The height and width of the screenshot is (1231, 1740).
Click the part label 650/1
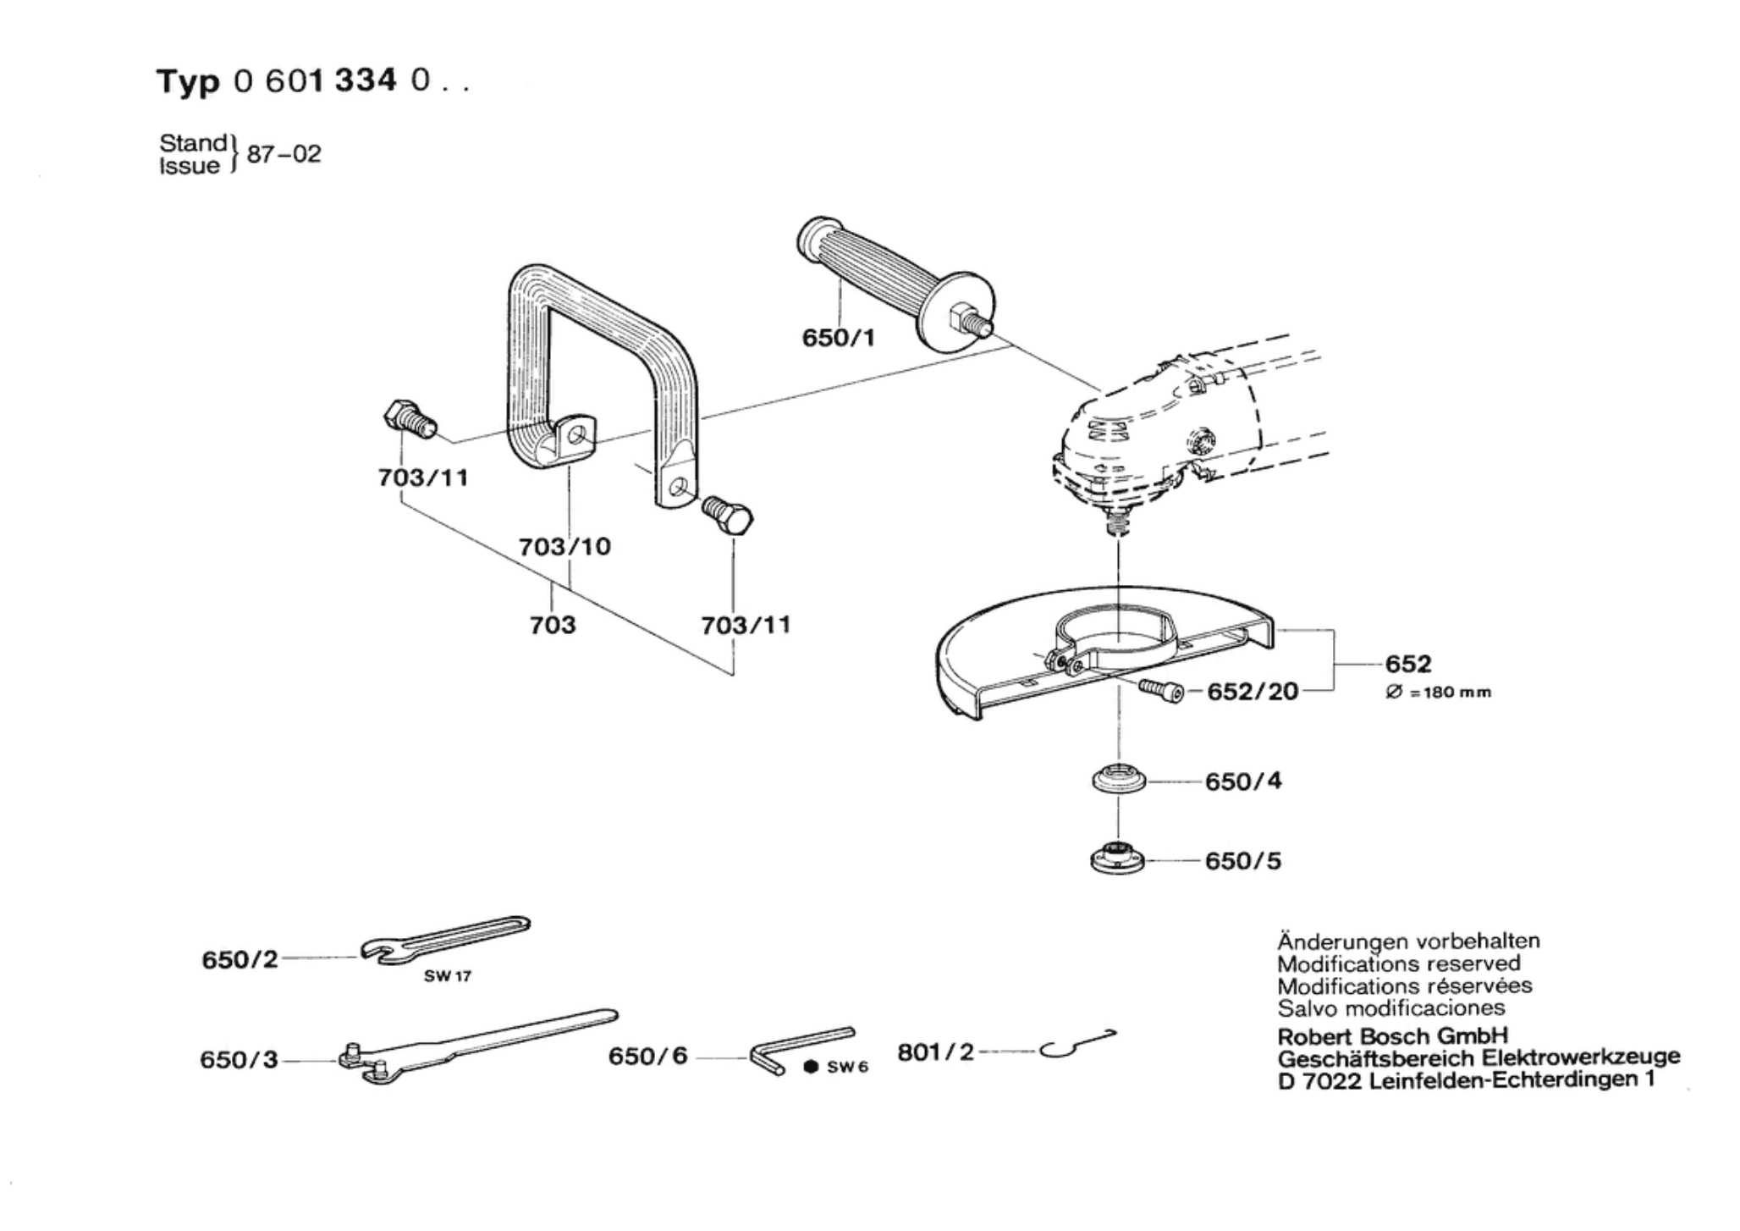point(838,339)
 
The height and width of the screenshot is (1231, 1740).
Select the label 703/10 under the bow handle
point(564,547)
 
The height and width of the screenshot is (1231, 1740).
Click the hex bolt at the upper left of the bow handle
point(407,419)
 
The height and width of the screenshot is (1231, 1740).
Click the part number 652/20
point(1252,692)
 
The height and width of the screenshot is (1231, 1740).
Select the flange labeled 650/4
point(1118,780)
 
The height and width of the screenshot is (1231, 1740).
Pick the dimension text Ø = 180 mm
point(1438,693)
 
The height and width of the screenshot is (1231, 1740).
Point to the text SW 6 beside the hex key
point(847,1068)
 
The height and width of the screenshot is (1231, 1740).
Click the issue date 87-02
point(284,155)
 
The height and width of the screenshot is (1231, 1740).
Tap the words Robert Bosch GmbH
point(1392,1036)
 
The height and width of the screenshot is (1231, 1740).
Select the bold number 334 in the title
point(365,80)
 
